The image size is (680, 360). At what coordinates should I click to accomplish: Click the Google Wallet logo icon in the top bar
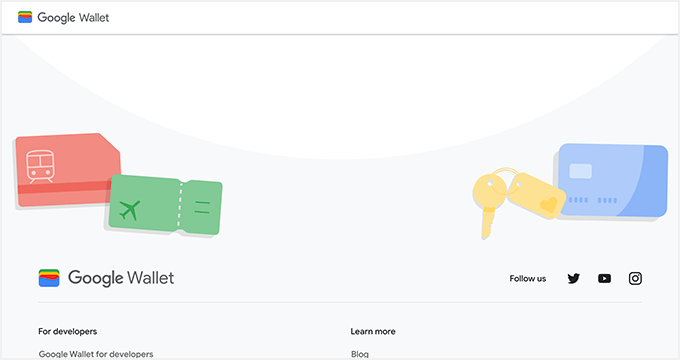click(x=25, y=17)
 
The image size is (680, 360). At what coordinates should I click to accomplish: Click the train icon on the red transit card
click(x=40, y=165)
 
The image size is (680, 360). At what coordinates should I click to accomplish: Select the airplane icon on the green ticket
click(x=128, y=210)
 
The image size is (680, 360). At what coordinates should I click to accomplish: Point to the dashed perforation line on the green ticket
click(x=180, y=207)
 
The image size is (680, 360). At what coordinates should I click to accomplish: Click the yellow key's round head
click(x=491, y=191)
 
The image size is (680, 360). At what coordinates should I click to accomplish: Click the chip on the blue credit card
click(x=581, y=171)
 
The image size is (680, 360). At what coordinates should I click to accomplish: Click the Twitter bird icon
click(x=573, y=278)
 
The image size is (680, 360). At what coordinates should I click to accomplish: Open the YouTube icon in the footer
click(x=604, y=278)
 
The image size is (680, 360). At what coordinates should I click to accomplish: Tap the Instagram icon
click(x=635, y=278)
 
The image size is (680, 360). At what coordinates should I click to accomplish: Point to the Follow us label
click(x=528, y=278)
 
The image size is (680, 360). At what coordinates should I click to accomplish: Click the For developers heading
click(x=68, y=331)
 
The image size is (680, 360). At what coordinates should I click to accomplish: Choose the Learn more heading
click(x=373, y=331)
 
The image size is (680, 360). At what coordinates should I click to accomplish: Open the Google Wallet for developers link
click(x=96, y=354)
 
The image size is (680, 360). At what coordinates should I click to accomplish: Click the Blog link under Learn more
click(x=360, y=354)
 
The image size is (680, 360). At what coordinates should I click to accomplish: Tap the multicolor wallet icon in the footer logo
click(x=49, y=278)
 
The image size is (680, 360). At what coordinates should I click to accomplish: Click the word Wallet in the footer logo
click(x=152, y=278)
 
